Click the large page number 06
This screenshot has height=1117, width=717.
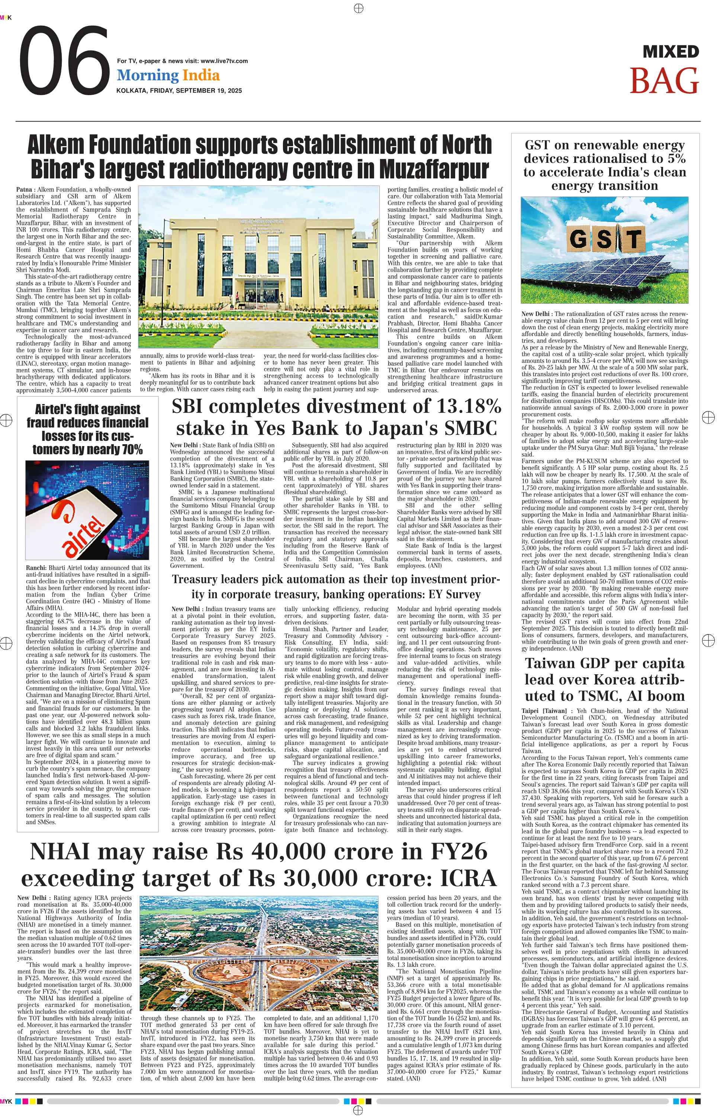pyautogui.click(x=64, y=61)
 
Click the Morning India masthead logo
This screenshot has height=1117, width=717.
pyautogui.click(x=168, y=75)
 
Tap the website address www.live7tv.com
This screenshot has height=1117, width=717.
pyautogui.click(x=224, y=61)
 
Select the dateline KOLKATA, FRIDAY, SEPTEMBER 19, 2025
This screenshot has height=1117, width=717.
pyautogui.click(x=179, y=91)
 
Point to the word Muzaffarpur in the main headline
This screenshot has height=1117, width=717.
pyautogui.click(x=434, y=169)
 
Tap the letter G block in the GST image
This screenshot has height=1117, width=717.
pyautogui.click(x=578, y=239)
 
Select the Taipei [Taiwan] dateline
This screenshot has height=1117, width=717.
pyautogui.click(x=544, y=711)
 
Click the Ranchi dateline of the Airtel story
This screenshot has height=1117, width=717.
pyautogui.click(x=36, y=568)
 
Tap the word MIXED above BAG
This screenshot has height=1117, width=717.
pyautogui.click(x=671, y=52)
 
